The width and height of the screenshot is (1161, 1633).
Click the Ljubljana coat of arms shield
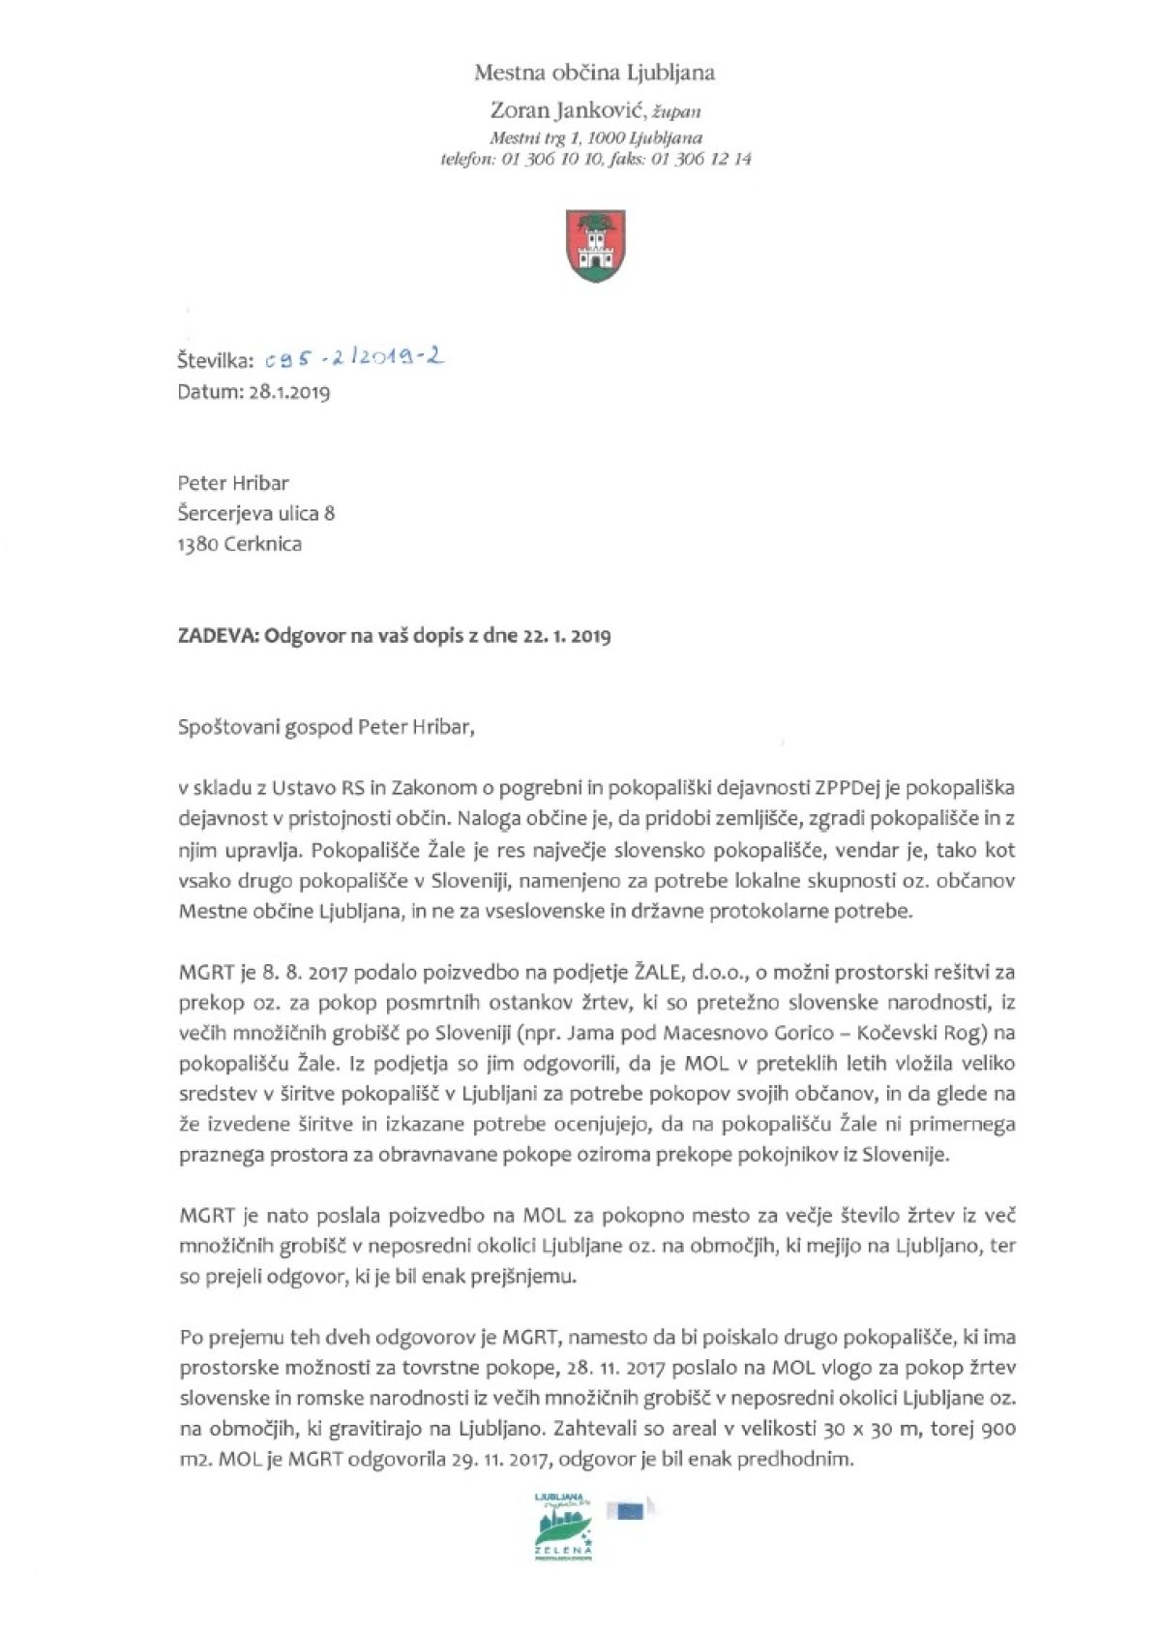[x=594, y=247]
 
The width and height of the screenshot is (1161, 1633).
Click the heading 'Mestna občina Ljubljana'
[x=594, y=72]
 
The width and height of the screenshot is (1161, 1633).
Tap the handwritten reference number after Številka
[x=354, y=360]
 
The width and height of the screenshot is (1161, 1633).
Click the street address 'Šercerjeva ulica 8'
[x=256, y=513]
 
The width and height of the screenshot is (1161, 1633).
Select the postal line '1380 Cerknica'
[x=239, y=544]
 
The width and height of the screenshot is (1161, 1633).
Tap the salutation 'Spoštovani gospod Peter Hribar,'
[x=327, y=728]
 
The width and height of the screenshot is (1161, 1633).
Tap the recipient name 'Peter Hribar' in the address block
[x=233, y=482]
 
